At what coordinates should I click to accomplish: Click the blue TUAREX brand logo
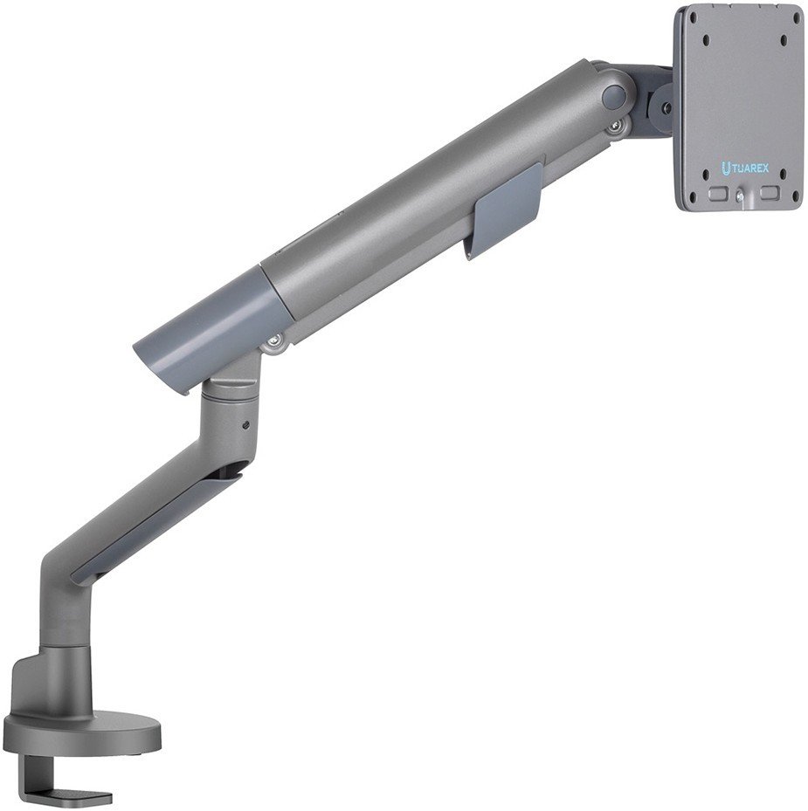click(745, 168)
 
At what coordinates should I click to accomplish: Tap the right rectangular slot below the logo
click(770, 193)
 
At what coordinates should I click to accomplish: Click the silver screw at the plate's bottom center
click(739, 196)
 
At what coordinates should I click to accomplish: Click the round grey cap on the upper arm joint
click(614, 96)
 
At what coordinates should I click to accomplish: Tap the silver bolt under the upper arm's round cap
click(616, 127)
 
